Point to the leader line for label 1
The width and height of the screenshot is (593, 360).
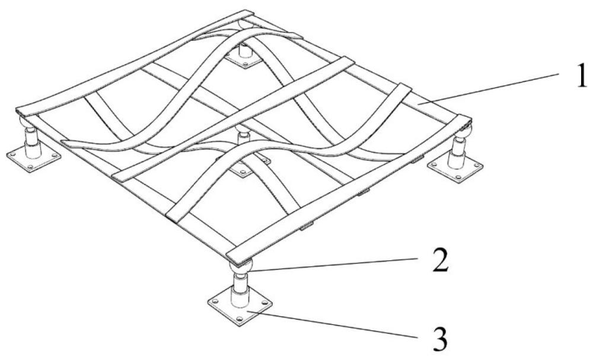pos(489,88)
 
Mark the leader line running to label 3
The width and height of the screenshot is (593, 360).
pos(332,323)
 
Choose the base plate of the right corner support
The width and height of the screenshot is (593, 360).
pos(455,168)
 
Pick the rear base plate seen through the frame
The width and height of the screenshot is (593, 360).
pos(244,60)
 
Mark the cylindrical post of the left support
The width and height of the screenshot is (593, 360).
pos(32,143)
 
